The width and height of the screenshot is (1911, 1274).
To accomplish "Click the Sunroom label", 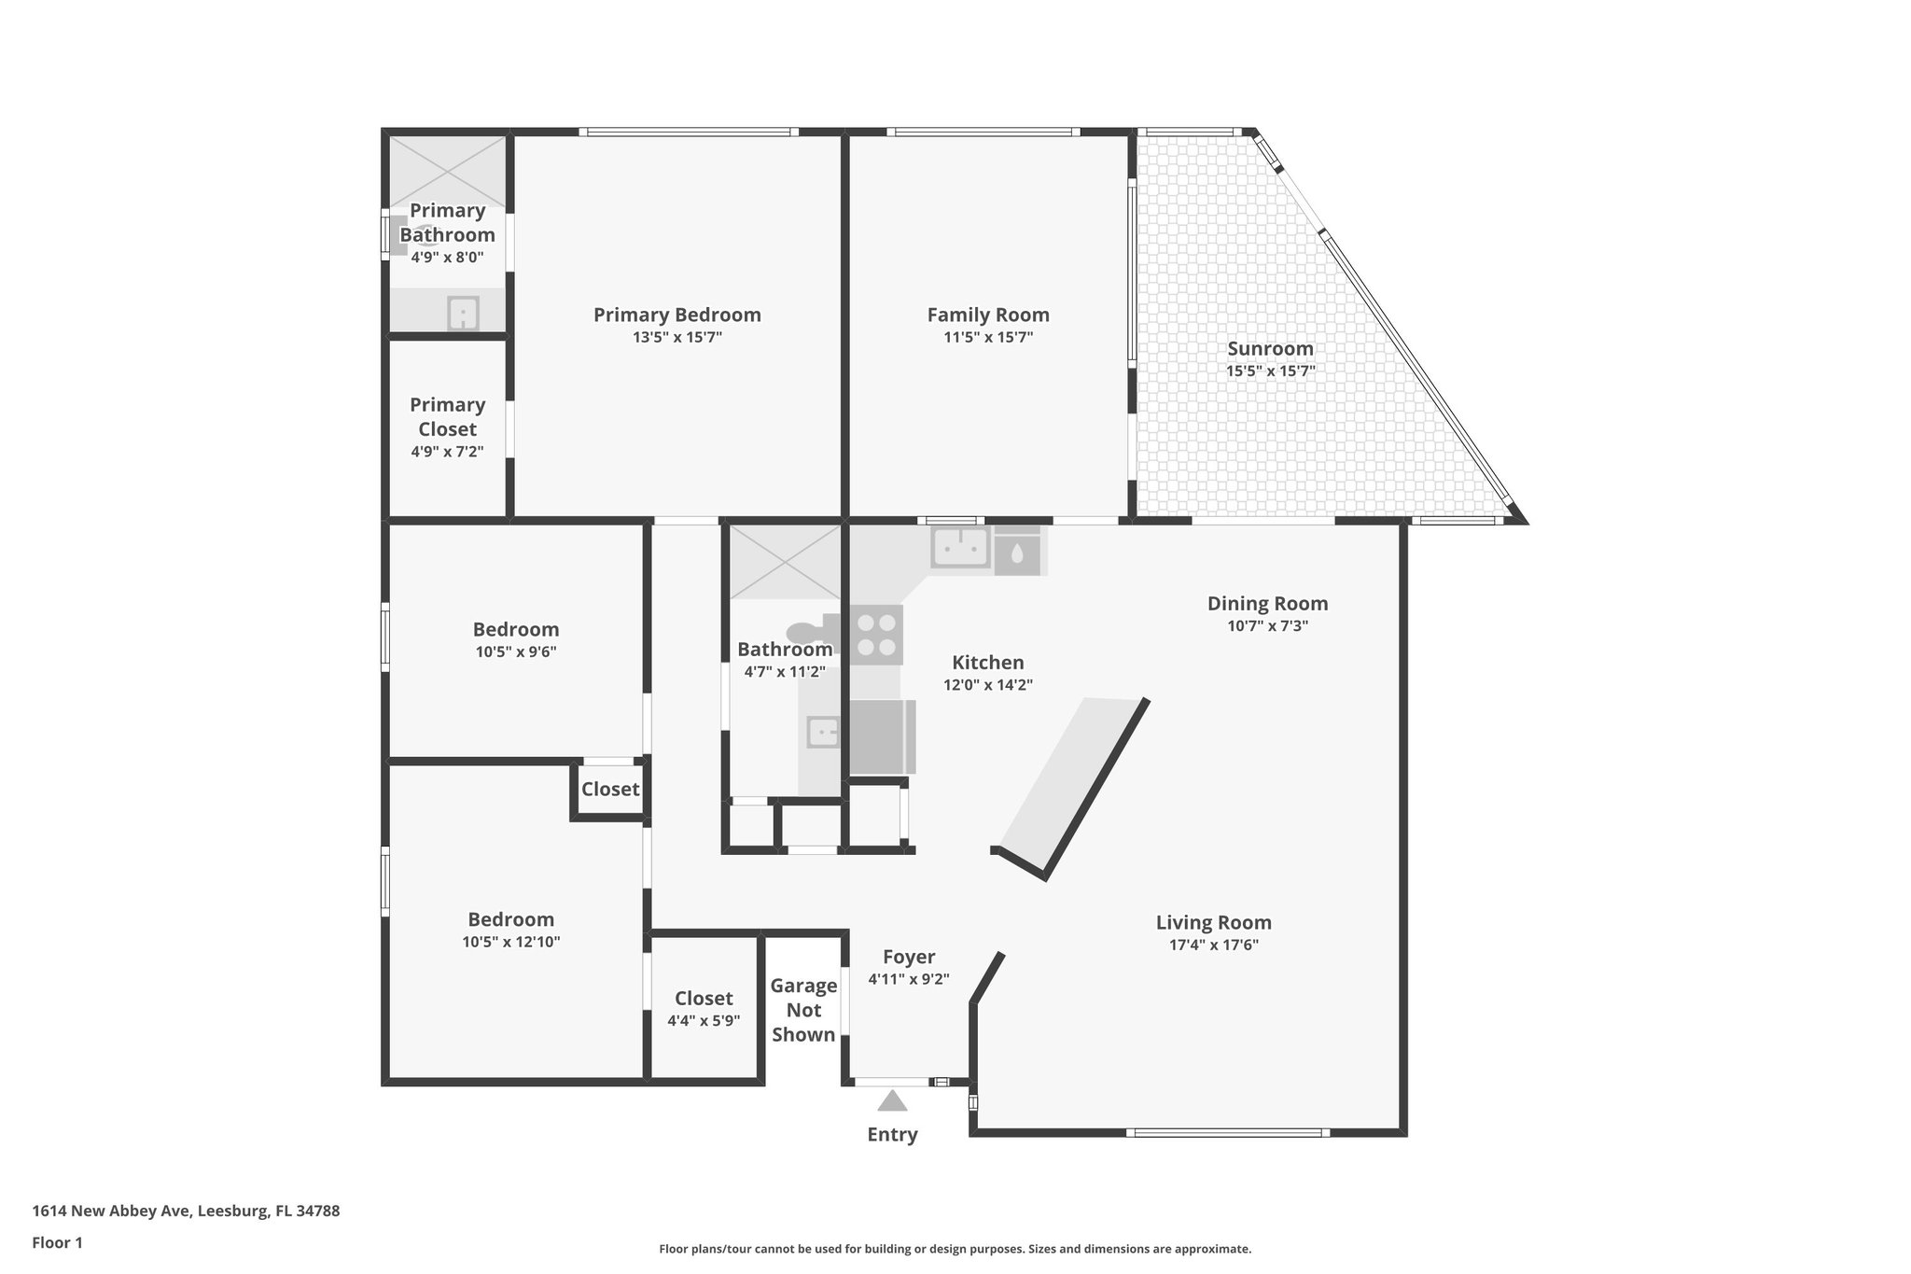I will click(x=1270, y=348).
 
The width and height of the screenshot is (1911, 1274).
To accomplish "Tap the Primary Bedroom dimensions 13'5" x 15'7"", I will click(x=677, y=338).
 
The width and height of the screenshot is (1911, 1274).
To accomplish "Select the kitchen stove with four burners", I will click(x=876, y=635).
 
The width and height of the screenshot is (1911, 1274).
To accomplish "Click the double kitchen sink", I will click(x=959, y=548).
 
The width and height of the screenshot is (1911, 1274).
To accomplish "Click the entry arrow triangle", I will click(x=892, y=1101).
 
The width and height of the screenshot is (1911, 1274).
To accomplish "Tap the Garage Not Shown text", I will click(x=802, y=1010).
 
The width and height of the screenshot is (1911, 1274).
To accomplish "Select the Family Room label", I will click(x=987, y=315).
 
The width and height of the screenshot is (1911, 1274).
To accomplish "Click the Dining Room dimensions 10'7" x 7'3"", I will click(x=1267, y=626).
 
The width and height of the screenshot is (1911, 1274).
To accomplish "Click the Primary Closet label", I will click(x=447, y=416).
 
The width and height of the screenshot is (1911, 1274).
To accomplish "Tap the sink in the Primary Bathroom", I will click(x=463, y=313).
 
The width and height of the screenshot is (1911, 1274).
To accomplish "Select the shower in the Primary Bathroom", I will click(x=447, y=172).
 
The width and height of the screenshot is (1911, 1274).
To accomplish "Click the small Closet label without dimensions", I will click(x=610, y=790).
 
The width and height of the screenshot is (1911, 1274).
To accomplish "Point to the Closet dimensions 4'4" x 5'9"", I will click(x=704, y=1021).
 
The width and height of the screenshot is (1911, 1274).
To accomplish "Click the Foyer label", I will click(x=908, y=957).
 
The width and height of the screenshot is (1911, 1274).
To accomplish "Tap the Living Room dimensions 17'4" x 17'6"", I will click(x=1213, y=945).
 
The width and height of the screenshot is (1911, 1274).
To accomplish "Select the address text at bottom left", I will click(x=186, y=1211).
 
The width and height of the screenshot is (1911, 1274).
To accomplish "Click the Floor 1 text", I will click(x=57, y=1243).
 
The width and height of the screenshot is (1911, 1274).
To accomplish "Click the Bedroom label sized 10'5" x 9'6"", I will click(x=515, y=629).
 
